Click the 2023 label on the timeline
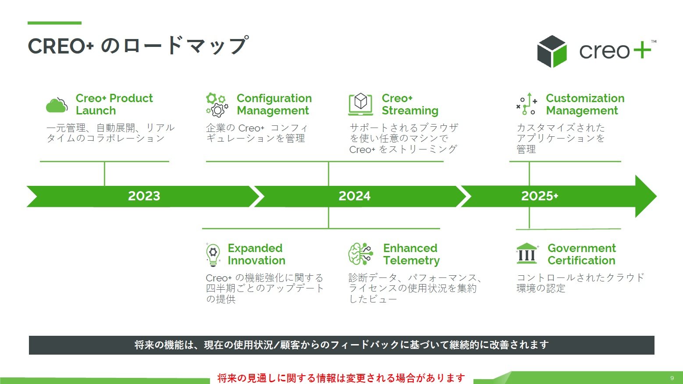click(x=144, y=196)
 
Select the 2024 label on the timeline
click(x=354, y=196)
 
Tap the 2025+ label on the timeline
click(x=539, y=196)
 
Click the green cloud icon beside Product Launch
click(x=57, y=105)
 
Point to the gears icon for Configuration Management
click(x=217, y=105)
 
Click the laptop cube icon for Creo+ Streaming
click(x=360, y=104)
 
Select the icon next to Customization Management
click(x=526, y=104)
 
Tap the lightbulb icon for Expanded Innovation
click(x=213, y=255)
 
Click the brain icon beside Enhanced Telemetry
click(x=360, y=254)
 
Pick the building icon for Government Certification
click(x=527, y=254)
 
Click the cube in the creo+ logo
click(x=552, y=51)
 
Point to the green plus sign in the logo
click(x=642, y=50)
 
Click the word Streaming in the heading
click(x=410, y=111)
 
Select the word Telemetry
click(x=411, y=261)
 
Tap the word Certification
click(x=581, y=261)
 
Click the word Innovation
click(x=256, y=261)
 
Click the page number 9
click(x=672, y=378)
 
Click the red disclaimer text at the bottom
click(x=341, y=378)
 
